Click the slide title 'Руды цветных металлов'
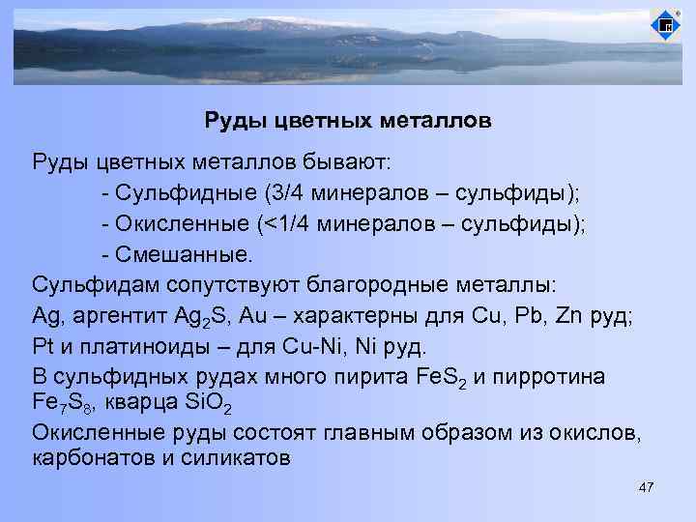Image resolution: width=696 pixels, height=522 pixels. pos(347,121)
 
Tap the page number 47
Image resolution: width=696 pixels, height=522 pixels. pos(647,488)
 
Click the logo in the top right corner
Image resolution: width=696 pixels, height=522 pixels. pos(665,25)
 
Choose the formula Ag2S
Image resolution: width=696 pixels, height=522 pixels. pos(204,318)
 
